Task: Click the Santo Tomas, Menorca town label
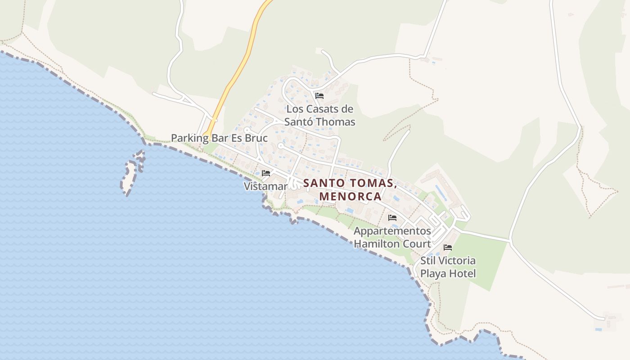coord(350,190)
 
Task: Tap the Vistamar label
coord(265,186)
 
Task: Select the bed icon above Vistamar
coord(266,173)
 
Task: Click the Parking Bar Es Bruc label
coord(219,138)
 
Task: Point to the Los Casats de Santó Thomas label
coord(319,115)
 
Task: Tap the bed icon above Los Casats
coord(319,96)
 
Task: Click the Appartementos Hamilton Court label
coord(392,237)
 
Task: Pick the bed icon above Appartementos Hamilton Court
coord(392,218)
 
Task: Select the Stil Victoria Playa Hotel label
coord(448,267)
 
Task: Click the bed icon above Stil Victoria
coord(448,247)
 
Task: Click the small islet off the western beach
coord(130,175)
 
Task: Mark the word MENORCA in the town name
coord(350,197)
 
